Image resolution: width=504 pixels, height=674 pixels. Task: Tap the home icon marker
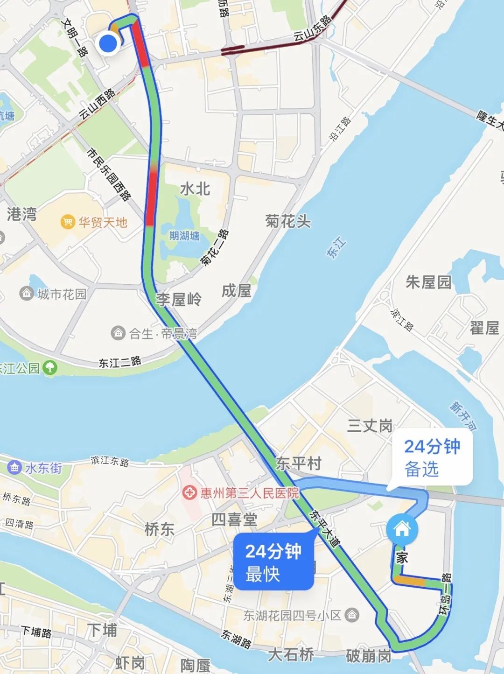pos(402,529)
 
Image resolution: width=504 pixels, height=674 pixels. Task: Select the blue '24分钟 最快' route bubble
pos(273,562)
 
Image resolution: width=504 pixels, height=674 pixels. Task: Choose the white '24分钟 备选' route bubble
pos(432,458)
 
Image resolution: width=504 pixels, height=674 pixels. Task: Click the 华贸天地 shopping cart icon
pos(68,222)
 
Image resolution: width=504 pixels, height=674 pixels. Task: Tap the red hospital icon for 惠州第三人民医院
pos(189,493)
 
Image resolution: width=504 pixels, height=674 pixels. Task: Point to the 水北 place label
pos(195,189)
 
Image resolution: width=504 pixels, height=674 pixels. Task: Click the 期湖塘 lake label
pos(184,236)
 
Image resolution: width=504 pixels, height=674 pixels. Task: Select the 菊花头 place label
pos(288,221)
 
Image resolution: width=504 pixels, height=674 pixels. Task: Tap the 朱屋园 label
pos(428,282)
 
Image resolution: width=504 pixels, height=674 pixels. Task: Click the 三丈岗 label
pos(370,426)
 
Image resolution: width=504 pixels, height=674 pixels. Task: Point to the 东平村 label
pos(299,463)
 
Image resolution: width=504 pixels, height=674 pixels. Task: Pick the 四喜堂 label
pos(234,520)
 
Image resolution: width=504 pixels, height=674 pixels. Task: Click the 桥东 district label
pos(160,529)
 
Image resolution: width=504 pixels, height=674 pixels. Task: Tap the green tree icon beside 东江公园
pos(50,368)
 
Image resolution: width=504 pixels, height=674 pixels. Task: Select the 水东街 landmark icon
pos(14,467)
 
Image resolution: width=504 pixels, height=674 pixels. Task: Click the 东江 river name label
pos(337,248)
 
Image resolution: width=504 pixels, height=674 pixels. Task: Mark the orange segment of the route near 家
pos(410,582)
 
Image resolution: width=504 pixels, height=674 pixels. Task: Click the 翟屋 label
pos(484,328)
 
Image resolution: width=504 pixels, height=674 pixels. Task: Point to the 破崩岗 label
pos(369,656)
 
